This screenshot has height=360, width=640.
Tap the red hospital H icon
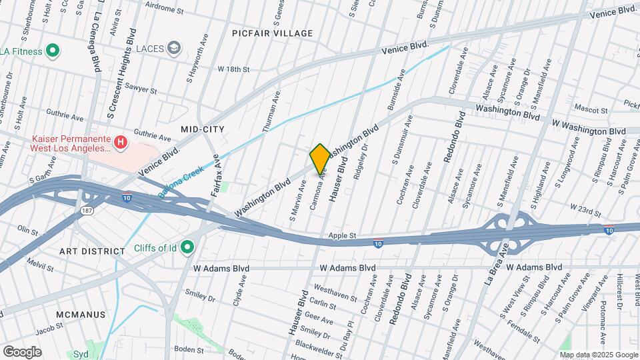pos(121,141)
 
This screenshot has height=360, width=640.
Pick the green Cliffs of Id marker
pos(187,248)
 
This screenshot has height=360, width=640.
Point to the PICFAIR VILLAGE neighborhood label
pos(273,33)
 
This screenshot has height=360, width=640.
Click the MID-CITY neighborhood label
pos(203,129)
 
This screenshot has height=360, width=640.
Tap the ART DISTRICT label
pos(92,251)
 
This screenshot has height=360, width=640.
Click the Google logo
pos(22,351)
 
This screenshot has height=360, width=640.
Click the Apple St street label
pos(345,235)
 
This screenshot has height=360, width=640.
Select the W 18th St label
pos(233,69)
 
